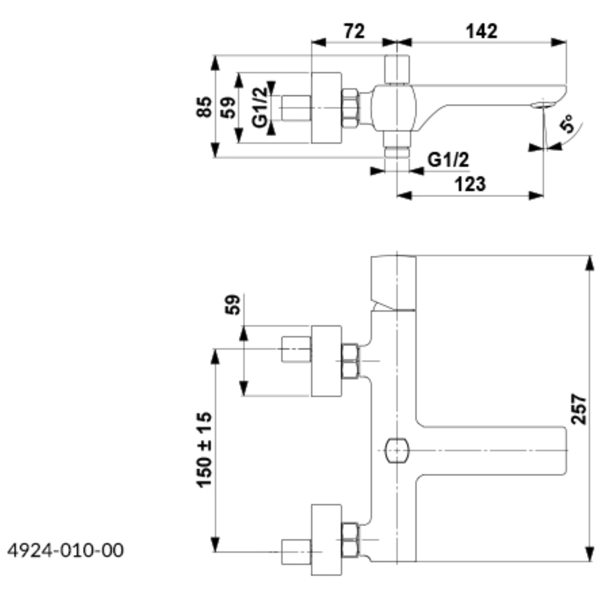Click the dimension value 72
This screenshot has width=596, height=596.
[354, 31]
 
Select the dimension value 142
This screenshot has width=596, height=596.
[482, 31]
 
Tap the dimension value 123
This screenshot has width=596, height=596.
[470, 184]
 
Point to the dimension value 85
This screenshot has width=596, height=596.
[204, 107]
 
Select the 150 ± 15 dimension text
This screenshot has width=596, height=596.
[204, 450]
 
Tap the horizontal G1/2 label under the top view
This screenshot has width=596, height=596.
[448, 160]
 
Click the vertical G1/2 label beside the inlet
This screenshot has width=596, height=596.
[259, 107]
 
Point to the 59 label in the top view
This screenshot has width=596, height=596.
[228, 107]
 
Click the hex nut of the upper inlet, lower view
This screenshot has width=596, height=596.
[350, 361]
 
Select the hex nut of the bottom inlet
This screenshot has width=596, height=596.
[350, 540]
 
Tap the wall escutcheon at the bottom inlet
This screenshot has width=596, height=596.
[326, 540]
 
